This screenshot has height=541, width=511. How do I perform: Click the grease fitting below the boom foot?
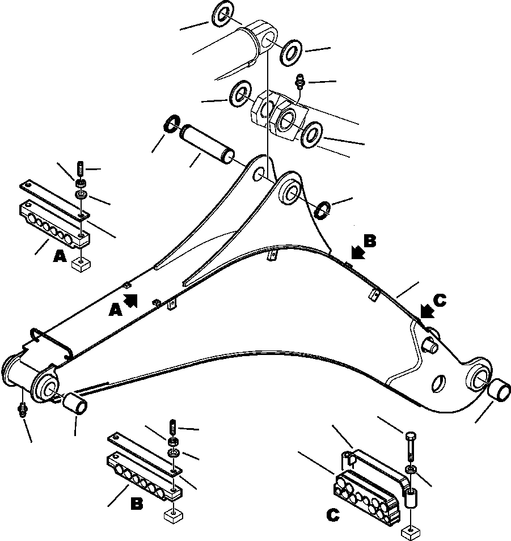23,410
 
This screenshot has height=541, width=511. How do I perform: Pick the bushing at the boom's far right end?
499,391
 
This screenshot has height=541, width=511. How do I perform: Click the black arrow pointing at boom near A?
130,300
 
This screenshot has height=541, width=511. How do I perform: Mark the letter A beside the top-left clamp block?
59,257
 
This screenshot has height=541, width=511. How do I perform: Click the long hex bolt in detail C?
409,448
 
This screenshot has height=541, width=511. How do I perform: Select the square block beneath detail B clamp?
172,515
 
